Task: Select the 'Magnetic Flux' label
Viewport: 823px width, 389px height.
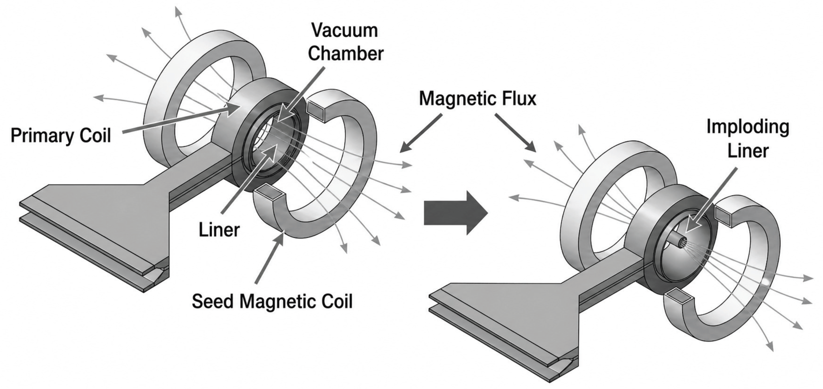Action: point(478,98)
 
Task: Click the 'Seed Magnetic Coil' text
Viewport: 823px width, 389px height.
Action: point(272,301)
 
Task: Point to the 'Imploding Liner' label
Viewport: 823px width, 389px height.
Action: point(748,139)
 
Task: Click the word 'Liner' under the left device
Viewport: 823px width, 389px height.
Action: point(219,230)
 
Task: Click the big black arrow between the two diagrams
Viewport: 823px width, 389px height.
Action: point(456,213)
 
